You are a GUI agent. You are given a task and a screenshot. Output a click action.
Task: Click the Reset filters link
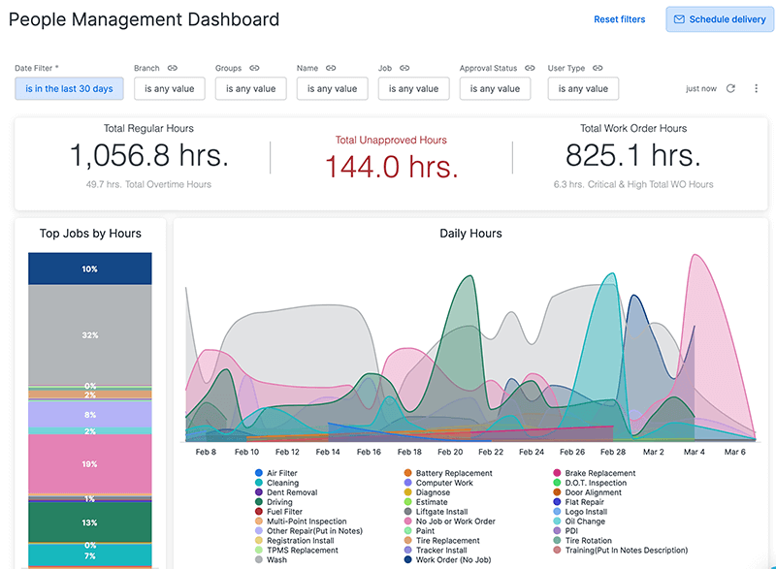(619, 19)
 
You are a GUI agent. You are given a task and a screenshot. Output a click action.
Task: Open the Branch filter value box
(170, 88)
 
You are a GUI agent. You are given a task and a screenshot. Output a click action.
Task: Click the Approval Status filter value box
(496, 88)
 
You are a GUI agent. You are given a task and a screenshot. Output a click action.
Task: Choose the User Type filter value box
(583, 88)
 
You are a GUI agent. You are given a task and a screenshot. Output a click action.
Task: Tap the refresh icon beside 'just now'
(731, 88)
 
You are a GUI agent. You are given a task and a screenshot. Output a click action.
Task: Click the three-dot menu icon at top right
(757, 88)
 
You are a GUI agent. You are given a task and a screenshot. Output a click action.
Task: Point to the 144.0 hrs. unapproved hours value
(391, 167)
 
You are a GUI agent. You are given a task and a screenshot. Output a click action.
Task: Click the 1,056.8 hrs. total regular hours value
(148, 155)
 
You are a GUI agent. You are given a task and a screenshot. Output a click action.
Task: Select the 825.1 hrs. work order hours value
(632, 155)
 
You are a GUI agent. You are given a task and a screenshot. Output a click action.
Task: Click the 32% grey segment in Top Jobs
(90, 334)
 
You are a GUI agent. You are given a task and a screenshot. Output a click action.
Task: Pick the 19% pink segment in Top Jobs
(90, 464)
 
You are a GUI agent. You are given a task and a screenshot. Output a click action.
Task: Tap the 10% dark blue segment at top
(90, 269)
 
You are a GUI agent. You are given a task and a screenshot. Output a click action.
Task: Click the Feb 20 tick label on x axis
(451, 452)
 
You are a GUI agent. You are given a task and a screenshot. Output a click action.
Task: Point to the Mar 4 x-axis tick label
(695, 452)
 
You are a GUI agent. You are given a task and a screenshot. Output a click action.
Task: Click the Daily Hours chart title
(470, 234)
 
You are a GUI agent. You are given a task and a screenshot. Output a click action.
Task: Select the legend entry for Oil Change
(585, 522)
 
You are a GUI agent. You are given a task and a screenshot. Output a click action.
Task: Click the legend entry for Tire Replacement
(447, 541)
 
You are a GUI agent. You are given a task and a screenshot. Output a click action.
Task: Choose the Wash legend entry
(277, 560)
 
